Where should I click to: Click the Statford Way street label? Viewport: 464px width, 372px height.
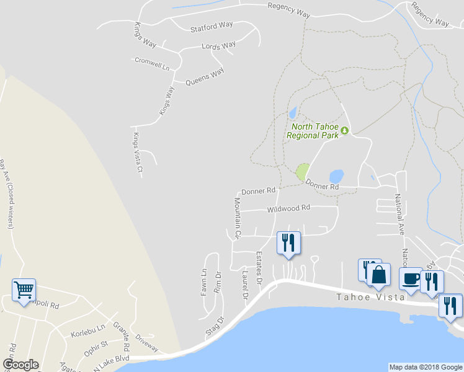click(x=212, y=25)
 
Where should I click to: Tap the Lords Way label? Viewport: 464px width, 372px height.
click(x=219, y=45)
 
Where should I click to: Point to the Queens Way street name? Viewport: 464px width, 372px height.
click(x=205, y=77)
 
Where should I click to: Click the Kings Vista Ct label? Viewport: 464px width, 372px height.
click(x=139, y=152)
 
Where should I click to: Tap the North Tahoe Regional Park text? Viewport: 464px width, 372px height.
click(x=313, y=131)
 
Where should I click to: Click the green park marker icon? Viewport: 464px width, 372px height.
click(x=344, y=131)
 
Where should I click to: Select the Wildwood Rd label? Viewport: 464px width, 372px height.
click(x=288, y=209)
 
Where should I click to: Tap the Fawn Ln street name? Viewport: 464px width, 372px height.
click(x=203, y=282)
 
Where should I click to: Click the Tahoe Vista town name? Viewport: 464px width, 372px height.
click(x=371, y=297)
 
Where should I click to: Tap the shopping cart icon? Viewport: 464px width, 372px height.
click(x=24, y=289)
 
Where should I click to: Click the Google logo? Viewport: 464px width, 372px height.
click(x=20, y=365)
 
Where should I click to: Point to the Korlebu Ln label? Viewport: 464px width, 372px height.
click(x=88, y=327)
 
